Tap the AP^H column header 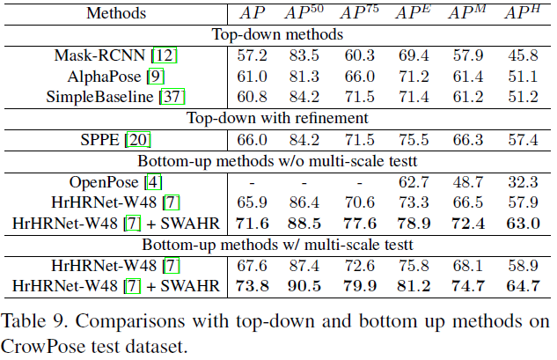coord(520,14)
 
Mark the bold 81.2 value coord(414,285)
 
